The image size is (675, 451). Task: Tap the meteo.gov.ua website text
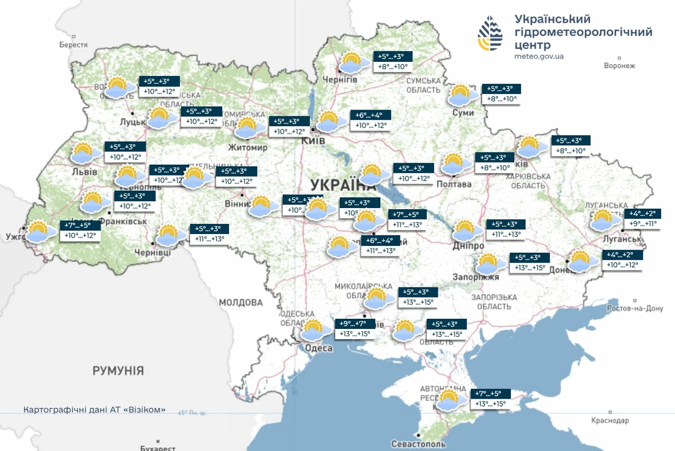click(x=539, y=57)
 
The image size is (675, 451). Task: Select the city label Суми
click(x=463, y=113)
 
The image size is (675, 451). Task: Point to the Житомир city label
click(x=247, y=147)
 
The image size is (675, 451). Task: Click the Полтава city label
click(x=453, y=184)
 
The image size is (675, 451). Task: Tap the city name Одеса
click(x=318, y=348)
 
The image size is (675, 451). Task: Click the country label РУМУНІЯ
click(x=118, y=371)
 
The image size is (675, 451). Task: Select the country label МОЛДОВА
click(x=241, y=302)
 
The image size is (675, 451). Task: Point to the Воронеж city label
click(x=619, y=65)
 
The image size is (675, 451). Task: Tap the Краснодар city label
click(x=610, y=421)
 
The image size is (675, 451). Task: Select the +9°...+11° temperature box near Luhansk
click(x=642, y=223)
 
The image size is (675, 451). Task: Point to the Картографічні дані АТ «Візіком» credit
click(x=94, y=410)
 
